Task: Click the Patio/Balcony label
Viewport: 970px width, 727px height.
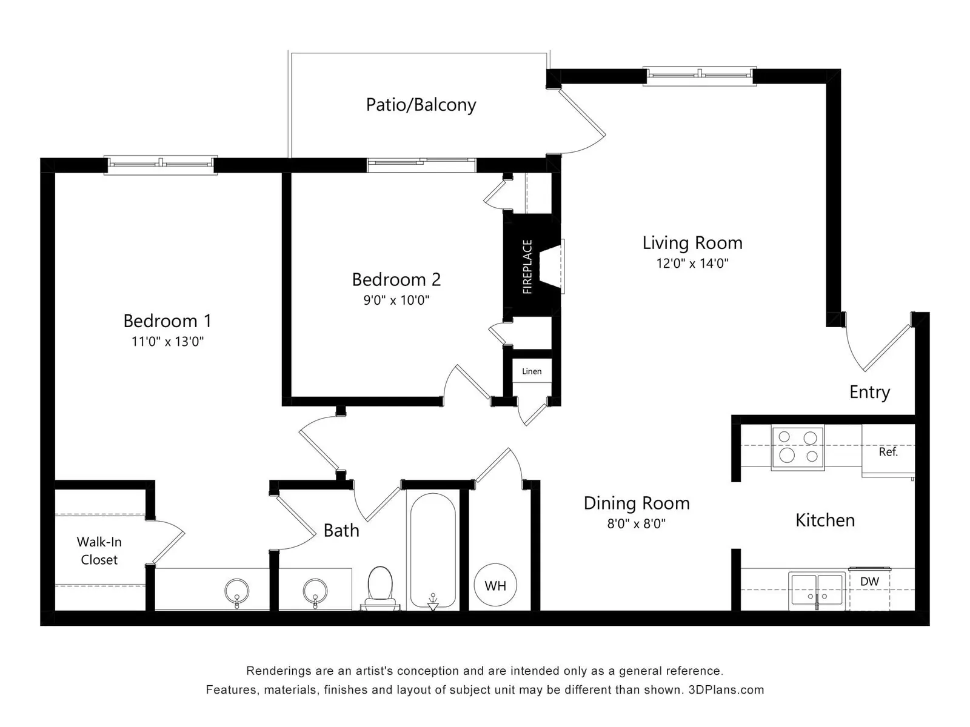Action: point(421,105)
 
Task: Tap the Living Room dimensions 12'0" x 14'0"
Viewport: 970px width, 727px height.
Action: point(692,264)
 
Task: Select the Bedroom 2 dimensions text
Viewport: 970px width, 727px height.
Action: point(396,300)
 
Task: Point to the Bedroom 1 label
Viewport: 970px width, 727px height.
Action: point(167,321)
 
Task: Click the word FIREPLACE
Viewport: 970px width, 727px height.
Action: point(527,267)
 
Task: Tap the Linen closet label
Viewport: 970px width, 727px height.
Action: point(532,371)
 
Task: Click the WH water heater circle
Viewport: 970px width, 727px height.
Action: point(495,585)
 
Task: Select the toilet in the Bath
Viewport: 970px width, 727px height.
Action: point(380,588)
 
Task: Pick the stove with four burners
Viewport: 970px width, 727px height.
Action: point(798,448)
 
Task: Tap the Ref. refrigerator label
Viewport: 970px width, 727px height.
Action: point(888,451)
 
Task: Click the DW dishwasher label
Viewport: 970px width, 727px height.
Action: point(869,582)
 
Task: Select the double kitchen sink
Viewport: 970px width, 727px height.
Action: point(817,591)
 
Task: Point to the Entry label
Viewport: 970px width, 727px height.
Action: point(870,392)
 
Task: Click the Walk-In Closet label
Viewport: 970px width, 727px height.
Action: point(99,551)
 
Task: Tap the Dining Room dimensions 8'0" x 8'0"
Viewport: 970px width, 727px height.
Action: point(637,523)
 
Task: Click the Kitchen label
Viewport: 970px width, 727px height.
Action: point(825,520)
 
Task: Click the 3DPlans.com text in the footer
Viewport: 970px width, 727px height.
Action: point(726,689)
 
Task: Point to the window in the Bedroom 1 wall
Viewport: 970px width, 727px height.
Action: point(161,165)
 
